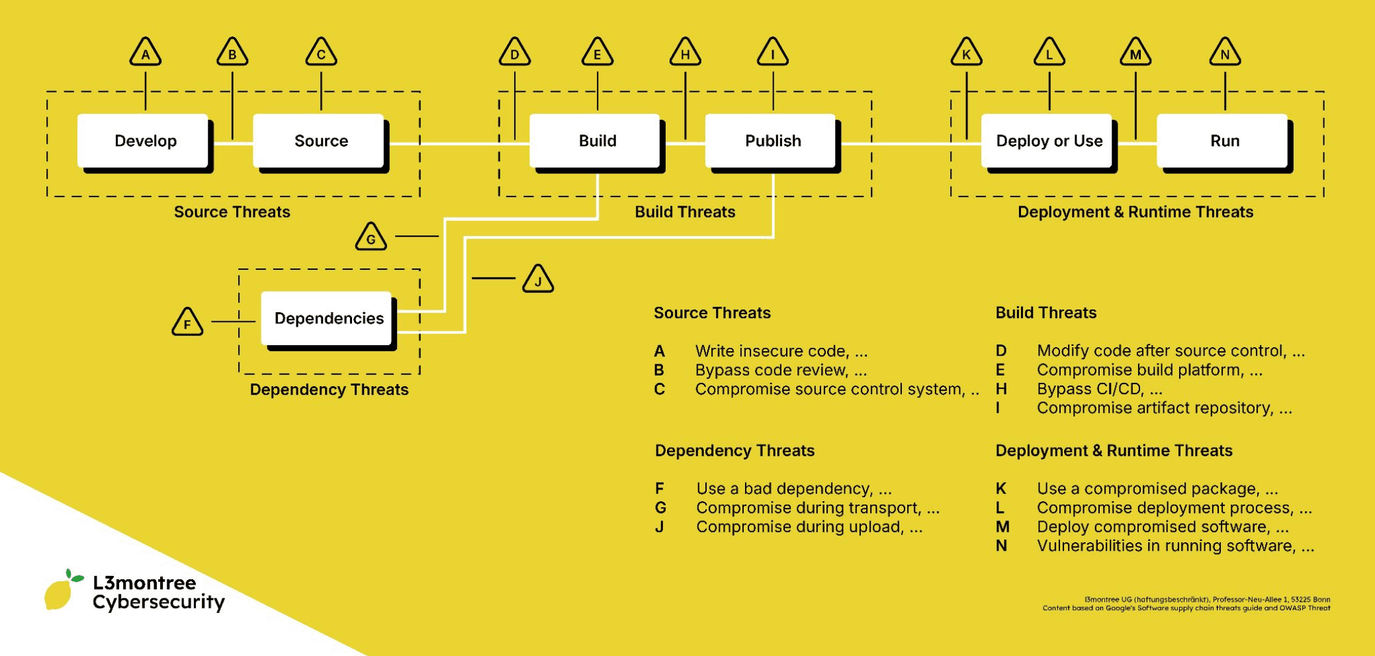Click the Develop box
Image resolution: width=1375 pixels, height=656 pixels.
point(145,141)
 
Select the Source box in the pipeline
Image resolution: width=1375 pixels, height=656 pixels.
point(321,141)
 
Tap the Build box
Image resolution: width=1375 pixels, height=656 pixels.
point(597,141)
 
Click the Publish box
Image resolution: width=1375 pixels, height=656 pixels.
point(772,141)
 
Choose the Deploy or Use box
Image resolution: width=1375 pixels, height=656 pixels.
point(1049,141)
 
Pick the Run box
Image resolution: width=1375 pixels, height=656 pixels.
point(1224,141)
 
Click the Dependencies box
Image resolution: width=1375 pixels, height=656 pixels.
point(328,319)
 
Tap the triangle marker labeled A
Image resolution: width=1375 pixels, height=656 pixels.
point(146,53)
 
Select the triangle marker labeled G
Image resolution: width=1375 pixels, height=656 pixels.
point(371,237)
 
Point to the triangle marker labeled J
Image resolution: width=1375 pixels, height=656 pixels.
point(538,280)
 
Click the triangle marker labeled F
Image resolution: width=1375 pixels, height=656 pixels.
point(187,323)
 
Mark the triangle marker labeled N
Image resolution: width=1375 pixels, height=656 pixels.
point(1225,53)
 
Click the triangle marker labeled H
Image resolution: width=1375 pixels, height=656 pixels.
point(685,53)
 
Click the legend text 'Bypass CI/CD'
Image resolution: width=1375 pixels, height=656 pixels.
point(1099,389)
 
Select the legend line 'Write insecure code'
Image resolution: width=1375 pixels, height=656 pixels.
point(781,351)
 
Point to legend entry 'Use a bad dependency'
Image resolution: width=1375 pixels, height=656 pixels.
point(793,489)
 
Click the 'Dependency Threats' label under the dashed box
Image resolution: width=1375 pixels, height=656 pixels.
point(329,389)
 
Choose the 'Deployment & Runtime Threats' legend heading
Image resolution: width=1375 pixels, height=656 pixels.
point(1114,450)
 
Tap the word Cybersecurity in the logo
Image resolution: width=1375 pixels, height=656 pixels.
point(158,602)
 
